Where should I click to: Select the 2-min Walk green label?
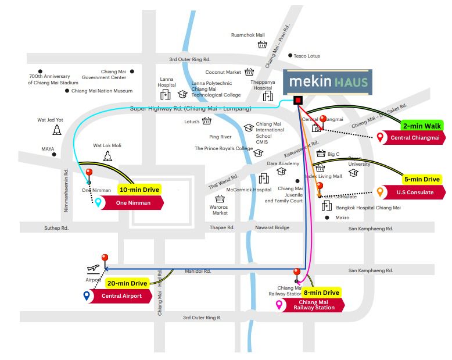point(422,125)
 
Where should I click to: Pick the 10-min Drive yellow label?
point(139,190)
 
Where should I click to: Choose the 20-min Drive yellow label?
point(127,283)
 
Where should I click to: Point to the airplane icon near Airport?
point(93,268)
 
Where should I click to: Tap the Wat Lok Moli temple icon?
point(107,156)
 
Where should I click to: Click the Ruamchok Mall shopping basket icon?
point(262,44)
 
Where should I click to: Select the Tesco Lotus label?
point(307,56)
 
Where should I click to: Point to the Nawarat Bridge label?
point(272,227)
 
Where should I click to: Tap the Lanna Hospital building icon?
point(166,94)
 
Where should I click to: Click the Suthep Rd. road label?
point(56,228)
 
